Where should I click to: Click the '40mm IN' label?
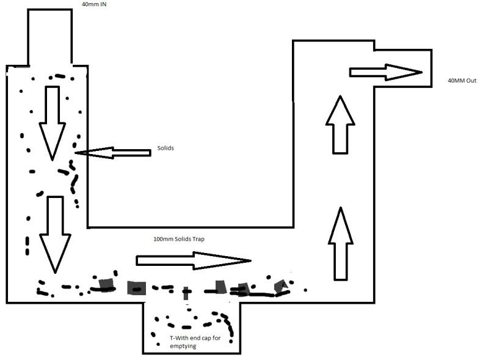[94, 4]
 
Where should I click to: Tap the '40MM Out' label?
[462, 80]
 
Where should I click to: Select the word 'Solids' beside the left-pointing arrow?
[166, 148]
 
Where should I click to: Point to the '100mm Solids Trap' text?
[179, 239]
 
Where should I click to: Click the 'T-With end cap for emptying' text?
[195, 342]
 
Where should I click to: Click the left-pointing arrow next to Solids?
[113, 153]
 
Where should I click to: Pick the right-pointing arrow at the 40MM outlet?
[386, 72]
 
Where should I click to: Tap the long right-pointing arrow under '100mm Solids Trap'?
[194, 260]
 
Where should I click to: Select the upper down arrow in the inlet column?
[53, 123]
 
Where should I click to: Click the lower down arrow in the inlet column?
[55, 235]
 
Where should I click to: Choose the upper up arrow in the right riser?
[340, 125]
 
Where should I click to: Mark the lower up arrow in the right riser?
[340, 243]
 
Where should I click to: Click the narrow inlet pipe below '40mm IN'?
[50, 37]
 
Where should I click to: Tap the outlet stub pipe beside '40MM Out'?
[403, 68]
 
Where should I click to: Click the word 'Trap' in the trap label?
[198, 239]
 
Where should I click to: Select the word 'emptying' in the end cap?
[183, 347]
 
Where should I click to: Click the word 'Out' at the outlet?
[471, 80]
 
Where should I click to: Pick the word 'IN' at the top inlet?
[103, 4]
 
